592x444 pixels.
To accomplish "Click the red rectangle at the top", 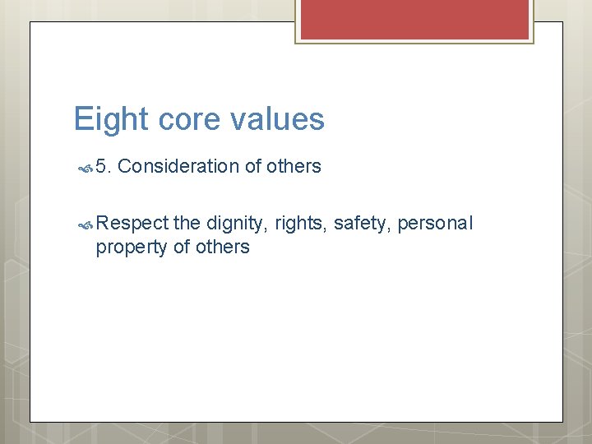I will point(414,20).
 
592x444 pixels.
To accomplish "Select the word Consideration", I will point(183,167).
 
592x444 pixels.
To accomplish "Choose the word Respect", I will point(132,223).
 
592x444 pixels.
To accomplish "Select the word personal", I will point(436,223).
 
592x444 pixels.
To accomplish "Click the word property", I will point(132,247).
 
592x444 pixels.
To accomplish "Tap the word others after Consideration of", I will point(294,167).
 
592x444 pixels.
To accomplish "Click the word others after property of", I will point(222,247).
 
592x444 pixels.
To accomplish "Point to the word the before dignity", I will point(187,223).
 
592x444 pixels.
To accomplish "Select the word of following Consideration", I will point(253,167).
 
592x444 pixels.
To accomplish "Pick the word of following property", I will point(182,247).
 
